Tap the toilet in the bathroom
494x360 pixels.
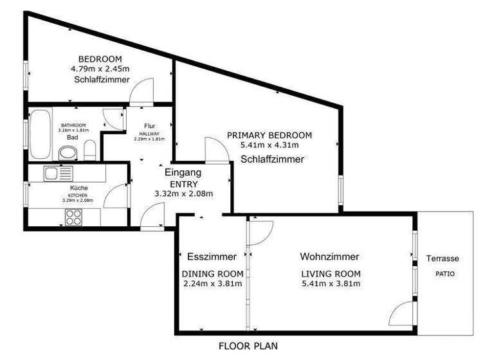coord(66,153)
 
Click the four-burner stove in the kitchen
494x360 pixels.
coord(73,217)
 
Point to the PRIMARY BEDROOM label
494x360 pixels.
coord(269,135)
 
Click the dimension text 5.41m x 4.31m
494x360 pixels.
coord(269,145)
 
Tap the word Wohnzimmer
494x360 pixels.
coord(329,256)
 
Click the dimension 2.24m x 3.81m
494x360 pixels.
coord(212,283)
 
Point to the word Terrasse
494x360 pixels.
coord(443,258)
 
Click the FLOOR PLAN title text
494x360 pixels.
coord(248,346)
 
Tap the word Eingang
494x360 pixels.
coord(183,172)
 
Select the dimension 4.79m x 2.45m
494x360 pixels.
coord(100,68)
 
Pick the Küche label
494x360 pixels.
coord(78,188)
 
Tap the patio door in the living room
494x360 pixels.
coord(403,314)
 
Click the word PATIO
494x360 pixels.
coord(444,273)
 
